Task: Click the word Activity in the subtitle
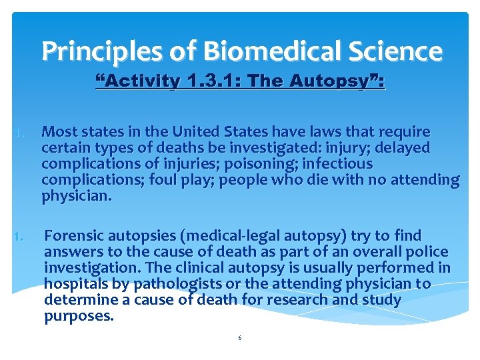click(x=141, y=82)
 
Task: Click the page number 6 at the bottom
click(x=240, y=338)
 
